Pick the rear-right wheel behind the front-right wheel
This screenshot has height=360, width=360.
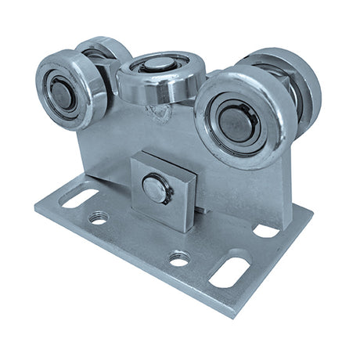pos(293,78)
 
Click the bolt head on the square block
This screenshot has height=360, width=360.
pos(157,189)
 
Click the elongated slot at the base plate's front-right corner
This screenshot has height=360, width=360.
pos(230,272)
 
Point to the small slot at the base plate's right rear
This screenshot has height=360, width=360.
pos(266,231)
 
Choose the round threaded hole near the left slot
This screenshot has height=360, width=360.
pos(98,218)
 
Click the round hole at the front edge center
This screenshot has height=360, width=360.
pos(179,257)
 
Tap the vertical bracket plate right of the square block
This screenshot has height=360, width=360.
pos(243,184)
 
